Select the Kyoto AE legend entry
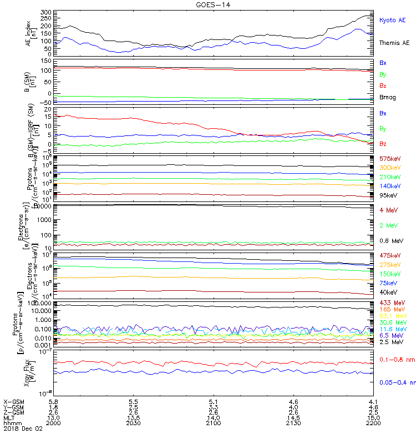coord(392,20)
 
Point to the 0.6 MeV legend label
coord(391,240)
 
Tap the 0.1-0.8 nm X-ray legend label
coord(395,360)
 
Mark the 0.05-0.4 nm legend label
coord(397,382)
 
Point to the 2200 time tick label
coord(373,422)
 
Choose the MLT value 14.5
coord(293,417)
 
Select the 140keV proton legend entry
coord(390,186)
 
